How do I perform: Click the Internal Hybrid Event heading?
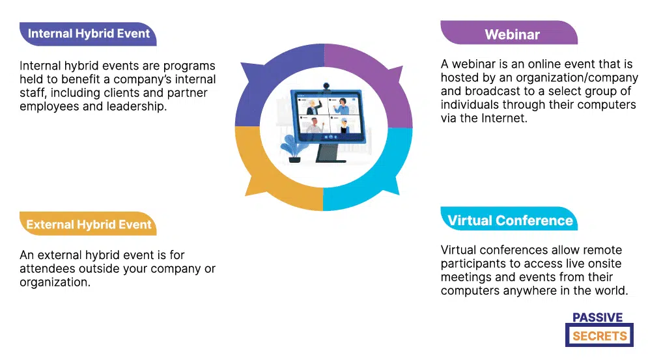[x=89, y=33]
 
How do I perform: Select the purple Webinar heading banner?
[x=512, y=35]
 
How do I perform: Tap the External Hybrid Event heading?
[x=89, y=225]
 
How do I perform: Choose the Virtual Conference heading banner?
[x=510, y=220]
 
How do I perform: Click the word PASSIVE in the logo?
[x=597, y=318]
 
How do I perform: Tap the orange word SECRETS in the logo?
[x=600, y=336]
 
